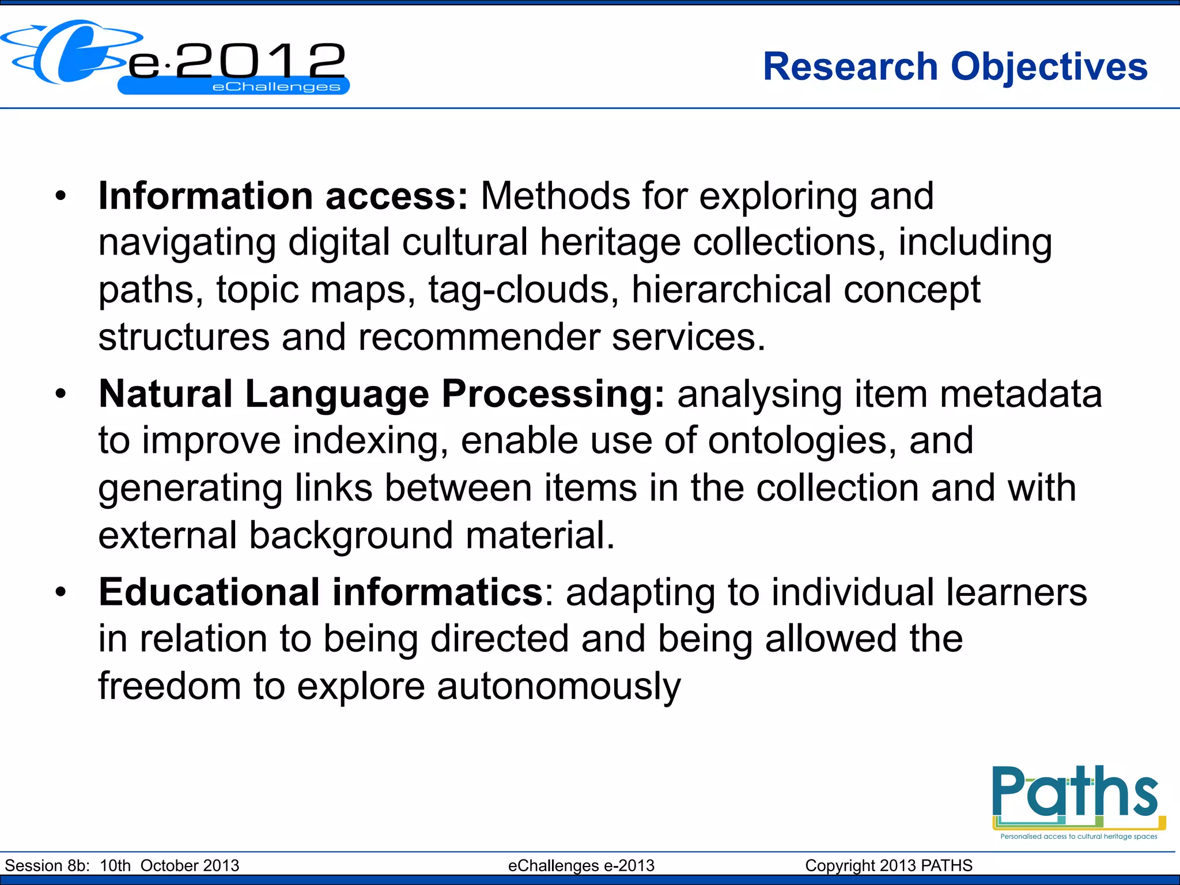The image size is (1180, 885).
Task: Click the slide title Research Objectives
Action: (955, 67)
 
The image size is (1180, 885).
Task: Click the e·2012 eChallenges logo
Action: (176, 58)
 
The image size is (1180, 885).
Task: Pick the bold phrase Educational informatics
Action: (320, 592)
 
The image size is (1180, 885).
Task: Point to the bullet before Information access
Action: (61, 198)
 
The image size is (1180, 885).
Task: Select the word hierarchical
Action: (731, 290)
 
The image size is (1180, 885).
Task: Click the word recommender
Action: (479, 337)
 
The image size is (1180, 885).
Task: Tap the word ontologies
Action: (801, 441)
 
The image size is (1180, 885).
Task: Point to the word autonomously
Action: (558, 687)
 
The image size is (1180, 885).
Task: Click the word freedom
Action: (169, 687)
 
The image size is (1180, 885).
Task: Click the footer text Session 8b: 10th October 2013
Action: (122, 865)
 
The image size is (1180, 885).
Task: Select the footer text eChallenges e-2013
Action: (581, 865)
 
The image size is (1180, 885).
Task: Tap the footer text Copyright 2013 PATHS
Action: (888, 865)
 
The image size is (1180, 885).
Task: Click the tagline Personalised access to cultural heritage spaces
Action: (1079, 837)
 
